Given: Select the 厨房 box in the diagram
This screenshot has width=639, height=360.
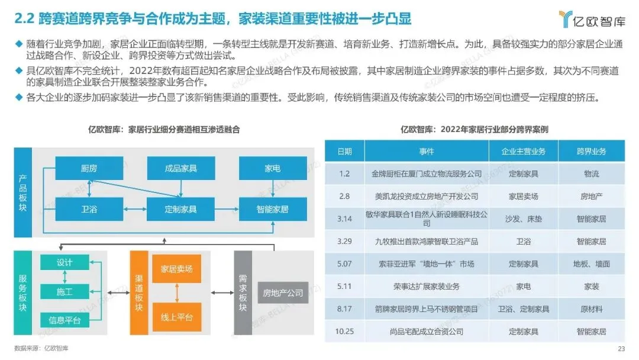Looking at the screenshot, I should [89, 168].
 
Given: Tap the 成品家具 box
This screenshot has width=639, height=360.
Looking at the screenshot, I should [180, 168].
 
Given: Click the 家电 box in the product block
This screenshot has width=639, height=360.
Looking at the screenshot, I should [273, 168].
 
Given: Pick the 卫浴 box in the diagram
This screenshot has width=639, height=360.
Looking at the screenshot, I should [89, 209].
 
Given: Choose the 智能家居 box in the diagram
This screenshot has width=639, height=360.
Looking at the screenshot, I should [273, 209].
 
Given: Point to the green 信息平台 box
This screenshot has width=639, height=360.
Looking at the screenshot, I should [64, 320].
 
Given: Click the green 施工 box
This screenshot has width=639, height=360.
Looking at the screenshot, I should [64, 291].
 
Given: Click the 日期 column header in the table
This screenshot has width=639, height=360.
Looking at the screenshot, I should [344, 151].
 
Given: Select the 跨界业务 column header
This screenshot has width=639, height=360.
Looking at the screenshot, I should [591, 151].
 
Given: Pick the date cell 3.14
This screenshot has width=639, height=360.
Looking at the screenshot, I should [344, 218].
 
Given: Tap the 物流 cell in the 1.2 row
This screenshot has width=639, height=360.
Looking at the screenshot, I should [591, 173].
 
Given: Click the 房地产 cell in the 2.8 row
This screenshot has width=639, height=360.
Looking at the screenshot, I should [591, 196].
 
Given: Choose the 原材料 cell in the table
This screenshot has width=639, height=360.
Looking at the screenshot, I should [591, 308].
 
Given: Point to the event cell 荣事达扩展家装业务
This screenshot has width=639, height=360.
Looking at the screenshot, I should [427, 286].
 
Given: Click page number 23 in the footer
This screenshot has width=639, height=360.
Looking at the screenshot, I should [621, 348].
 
